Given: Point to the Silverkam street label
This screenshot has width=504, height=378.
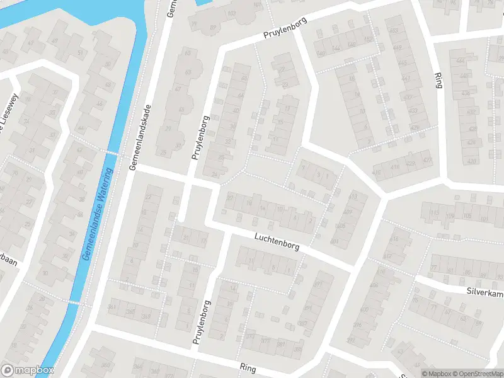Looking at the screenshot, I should click(x=484, y=292).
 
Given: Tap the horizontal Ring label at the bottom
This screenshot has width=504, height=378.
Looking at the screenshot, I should click(x=248, y=366).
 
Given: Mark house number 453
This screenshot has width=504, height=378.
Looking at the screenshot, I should click(x=395, y=31).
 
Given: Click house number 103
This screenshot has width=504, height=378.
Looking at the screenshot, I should click(x=231, y=13).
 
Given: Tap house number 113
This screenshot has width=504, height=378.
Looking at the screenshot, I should click(x=434, y=213).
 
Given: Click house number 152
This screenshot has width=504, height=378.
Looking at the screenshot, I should click(x=369, y=39).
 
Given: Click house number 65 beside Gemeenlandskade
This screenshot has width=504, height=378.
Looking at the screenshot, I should click(x=187, y=53).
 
